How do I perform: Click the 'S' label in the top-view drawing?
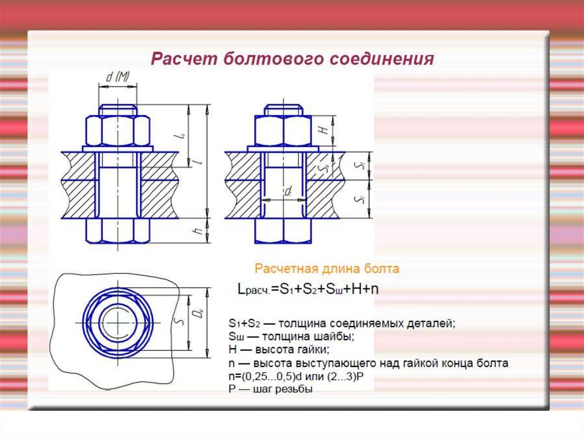click(179, 322)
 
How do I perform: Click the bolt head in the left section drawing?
click(117, 231)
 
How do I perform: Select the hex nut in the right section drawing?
click(283, 130)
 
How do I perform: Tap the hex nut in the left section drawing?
click(117, 130)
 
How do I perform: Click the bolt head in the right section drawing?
click(283, 231)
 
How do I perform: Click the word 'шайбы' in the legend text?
click(338, 336)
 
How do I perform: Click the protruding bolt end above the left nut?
click(117, 109)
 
